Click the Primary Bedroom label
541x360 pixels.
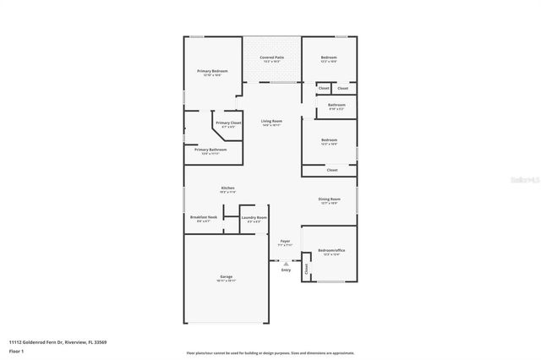pyautogui.click(x=212, y=71)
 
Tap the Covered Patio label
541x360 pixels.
pyautogui.click(x=271, y=58)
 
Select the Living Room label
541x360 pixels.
pyautogui.click(x=271, y=122)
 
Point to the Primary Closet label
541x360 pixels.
pyautogui.click(x=228, y=123)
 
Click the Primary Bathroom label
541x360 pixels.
pyautogui.click(x=210, y=150)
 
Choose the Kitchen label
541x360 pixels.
pyautogui.click(x=227, y=188)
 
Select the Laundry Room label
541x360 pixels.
pyautogui.click(x=254, y=218)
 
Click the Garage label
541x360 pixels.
pyautogui.click(x=227, y=276)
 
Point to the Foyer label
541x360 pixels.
pyautogui.click(x=286, y=241)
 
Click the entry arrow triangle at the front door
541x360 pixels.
pyautogui.click(x=286, y=263)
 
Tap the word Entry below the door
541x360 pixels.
pyautogui.click(x=286, y=270)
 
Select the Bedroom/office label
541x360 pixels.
pyautogui.click(x=331, y=250)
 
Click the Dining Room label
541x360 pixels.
pyautogui.click(x=328, y=200)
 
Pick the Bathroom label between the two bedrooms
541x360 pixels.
pyautogui.click(x=336, y=106)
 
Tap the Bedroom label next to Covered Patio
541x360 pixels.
pyautogui.click(x=329, y=58)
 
